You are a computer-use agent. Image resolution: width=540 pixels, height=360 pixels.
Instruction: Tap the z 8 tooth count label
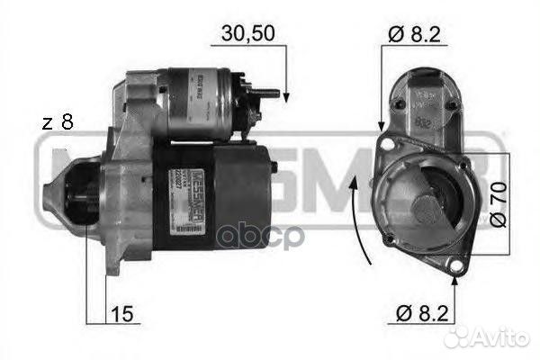click(x=57, y=123)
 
